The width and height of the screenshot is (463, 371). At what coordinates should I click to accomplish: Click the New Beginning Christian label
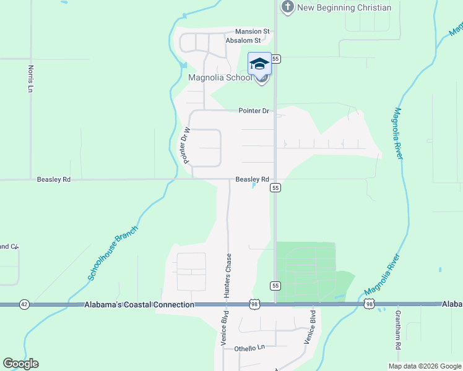344,7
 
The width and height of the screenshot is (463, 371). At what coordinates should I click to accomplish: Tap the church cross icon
287,7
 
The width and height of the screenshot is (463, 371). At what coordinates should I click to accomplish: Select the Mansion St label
252,31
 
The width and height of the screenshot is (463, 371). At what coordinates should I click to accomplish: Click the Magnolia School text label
220,77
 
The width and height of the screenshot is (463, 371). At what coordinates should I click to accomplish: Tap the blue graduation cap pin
260,64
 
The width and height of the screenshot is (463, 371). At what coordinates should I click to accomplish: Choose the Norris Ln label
29,79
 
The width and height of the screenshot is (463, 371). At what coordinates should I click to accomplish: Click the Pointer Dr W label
184,145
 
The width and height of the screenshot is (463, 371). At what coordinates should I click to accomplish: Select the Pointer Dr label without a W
254,111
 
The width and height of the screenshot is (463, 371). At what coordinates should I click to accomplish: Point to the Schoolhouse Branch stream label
113,254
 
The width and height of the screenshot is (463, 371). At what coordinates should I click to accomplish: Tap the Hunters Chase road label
228,276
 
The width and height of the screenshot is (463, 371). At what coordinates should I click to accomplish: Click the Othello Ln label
249,348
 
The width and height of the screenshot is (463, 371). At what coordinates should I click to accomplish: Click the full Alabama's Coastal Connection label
139,305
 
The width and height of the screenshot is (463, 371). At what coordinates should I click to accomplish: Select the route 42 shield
24,304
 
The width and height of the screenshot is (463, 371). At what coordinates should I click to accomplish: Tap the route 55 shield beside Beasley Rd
276,187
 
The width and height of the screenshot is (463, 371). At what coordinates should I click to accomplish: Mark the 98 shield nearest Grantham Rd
369,304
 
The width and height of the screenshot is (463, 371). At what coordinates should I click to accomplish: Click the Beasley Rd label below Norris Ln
54,179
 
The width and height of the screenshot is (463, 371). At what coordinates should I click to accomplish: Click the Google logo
20,364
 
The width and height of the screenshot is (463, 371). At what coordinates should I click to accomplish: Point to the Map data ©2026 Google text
424,366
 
